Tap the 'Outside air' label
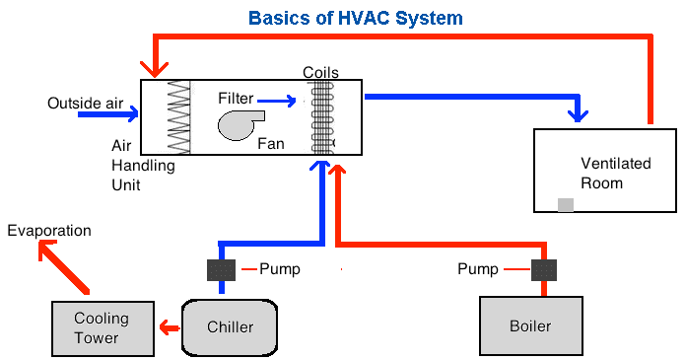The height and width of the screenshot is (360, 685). click(x=84, y=102)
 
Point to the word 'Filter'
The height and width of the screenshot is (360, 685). click(x=236, y=99)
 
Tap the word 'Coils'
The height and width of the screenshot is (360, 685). click(x=321, y=72)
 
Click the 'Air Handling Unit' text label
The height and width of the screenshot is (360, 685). click(x=142, y=166)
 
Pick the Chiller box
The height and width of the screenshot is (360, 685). click(x=230, y=326)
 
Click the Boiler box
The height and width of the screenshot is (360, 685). click(x=529, y=325)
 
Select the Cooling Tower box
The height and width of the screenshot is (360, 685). click(x=102, y=327)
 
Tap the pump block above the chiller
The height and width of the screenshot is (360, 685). click(x=221, y=269)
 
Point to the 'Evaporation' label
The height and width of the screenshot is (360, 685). click(x=48, y=231)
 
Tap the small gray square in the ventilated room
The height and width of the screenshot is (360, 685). click(x=566, y=204)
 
